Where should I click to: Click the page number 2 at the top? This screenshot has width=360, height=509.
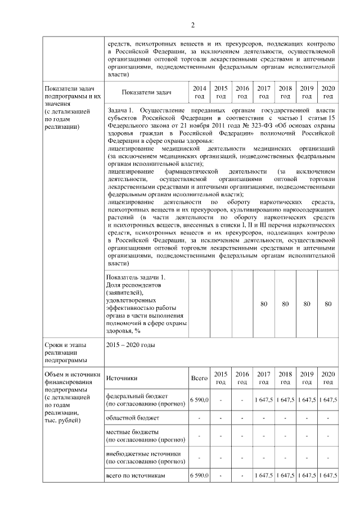(193, 25)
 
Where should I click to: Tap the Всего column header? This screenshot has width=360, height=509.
(200, 378)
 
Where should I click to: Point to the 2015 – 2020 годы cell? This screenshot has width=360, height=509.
(130, 345)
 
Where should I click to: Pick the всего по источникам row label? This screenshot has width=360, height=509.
(136, 475)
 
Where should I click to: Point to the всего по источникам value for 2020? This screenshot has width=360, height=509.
(327, 475)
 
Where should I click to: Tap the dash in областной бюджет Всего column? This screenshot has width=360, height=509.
(200, 418)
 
